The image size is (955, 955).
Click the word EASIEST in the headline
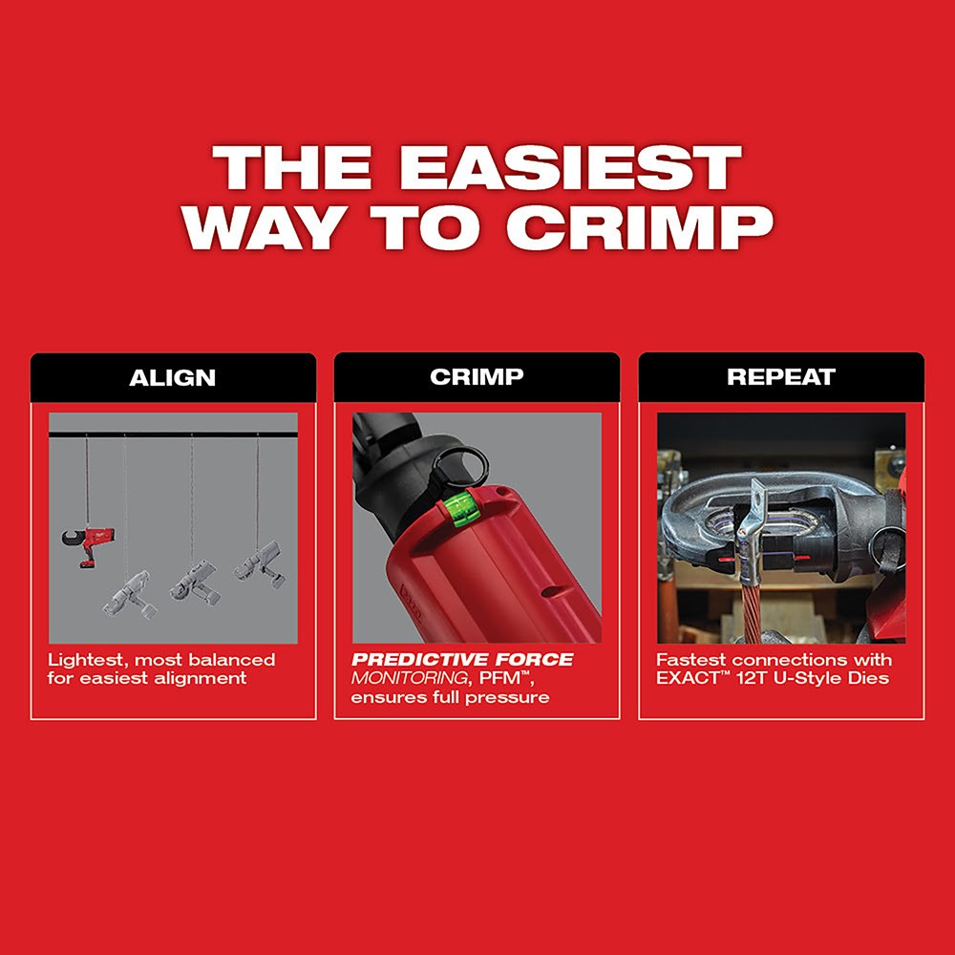569,170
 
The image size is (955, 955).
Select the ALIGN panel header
173,376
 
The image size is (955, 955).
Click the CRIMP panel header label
477,376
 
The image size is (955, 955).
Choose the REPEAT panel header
781,376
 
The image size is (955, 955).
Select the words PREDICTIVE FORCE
462,660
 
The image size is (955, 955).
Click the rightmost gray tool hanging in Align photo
259,563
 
